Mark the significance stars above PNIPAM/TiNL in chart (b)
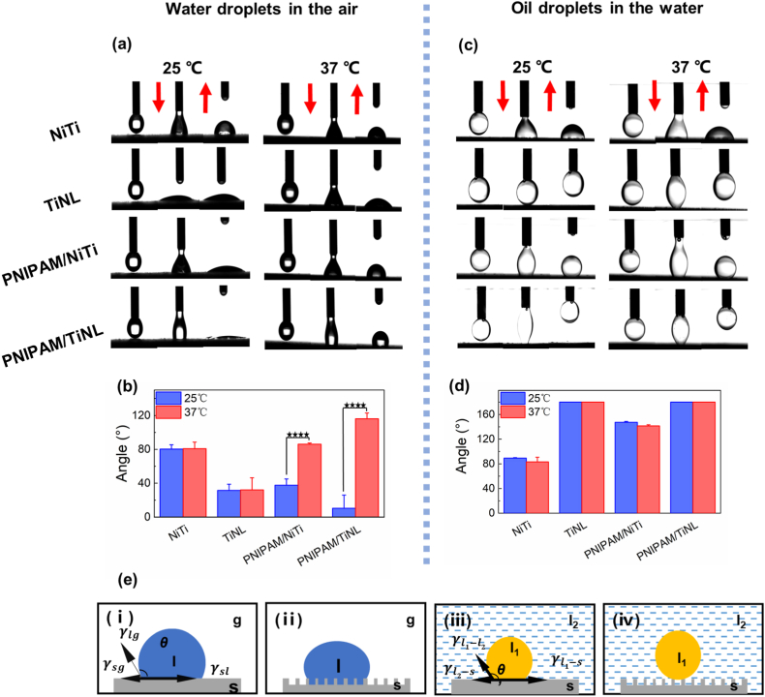(x=357, y=406)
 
